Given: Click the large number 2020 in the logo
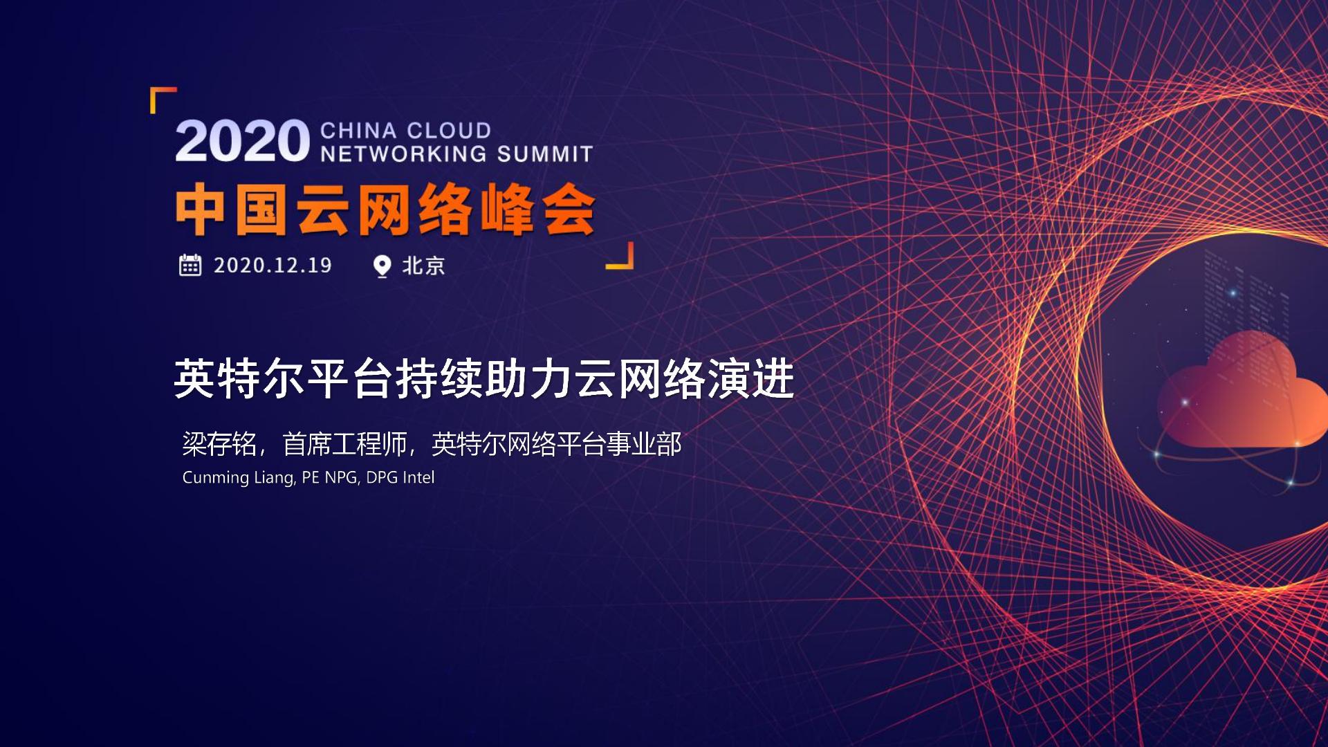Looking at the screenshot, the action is (x=242, y=141).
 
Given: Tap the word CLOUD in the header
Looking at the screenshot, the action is (x=449, y=130).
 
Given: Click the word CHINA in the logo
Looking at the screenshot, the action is (x=358, y=130).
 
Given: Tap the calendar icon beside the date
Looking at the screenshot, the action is (x=190, y=265).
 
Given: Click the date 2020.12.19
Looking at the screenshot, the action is (x=273, y=265).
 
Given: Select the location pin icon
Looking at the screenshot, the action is (x=382, y=266).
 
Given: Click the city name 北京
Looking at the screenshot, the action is (x=423, y=266).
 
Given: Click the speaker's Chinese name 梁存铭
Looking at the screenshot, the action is (x=219, y=444).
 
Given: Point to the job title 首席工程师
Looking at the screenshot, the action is (x=344, y=444).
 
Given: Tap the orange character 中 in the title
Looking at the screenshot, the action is (x=201, y=210).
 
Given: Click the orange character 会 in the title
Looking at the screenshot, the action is (x=569, y=210).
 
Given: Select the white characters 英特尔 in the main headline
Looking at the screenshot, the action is (x=239, y=379).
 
